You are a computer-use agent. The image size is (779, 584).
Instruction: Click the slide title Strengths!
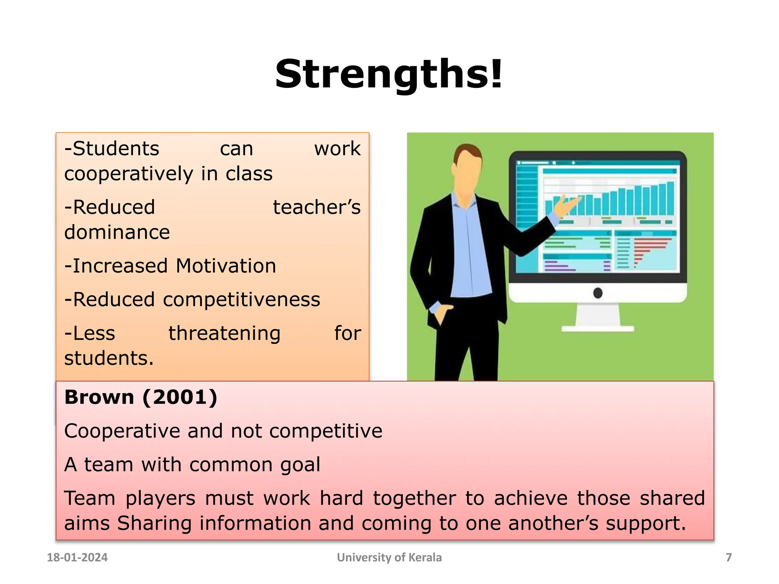click(x=389, y=75)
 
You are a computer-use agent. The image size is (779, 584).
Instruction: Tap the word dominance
click(x=117, y=232)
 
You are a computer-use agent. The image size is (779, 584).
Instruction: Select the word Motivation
click(x=226, y=266)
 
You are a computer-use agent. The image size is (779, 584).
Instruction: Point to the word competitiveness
click(x=242, y=300)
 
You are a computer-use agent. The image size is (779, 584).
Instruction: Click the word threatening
click(x=224, y=333)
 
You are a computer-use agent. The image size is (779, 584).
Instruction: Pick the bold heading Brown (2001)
click(x=141, y=397)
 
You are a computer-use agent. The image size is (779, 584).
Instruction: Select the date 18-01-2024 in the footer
click(x=77, y=557)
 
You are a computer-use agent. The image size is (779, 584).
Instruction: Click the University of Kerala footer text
click(x=389, y=557)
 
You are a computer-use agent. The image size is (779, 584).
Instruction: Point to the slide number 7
click(x=728, y=557)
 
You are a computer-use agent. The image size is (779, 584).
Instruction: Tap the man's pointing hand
click(x=567, y=207)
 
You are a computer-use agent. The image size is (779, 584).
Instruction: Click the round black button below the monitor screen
click(x=598, y=293)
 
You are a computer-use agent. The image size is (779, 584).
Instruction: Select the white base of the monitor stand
click(x=598, y=328)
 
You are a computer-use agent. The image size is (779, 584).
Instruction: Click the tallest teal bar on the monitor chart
click(x=670, y=198)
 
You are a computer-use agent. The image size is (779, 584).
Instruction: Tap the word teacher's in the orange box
click(x=316, y=208)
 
